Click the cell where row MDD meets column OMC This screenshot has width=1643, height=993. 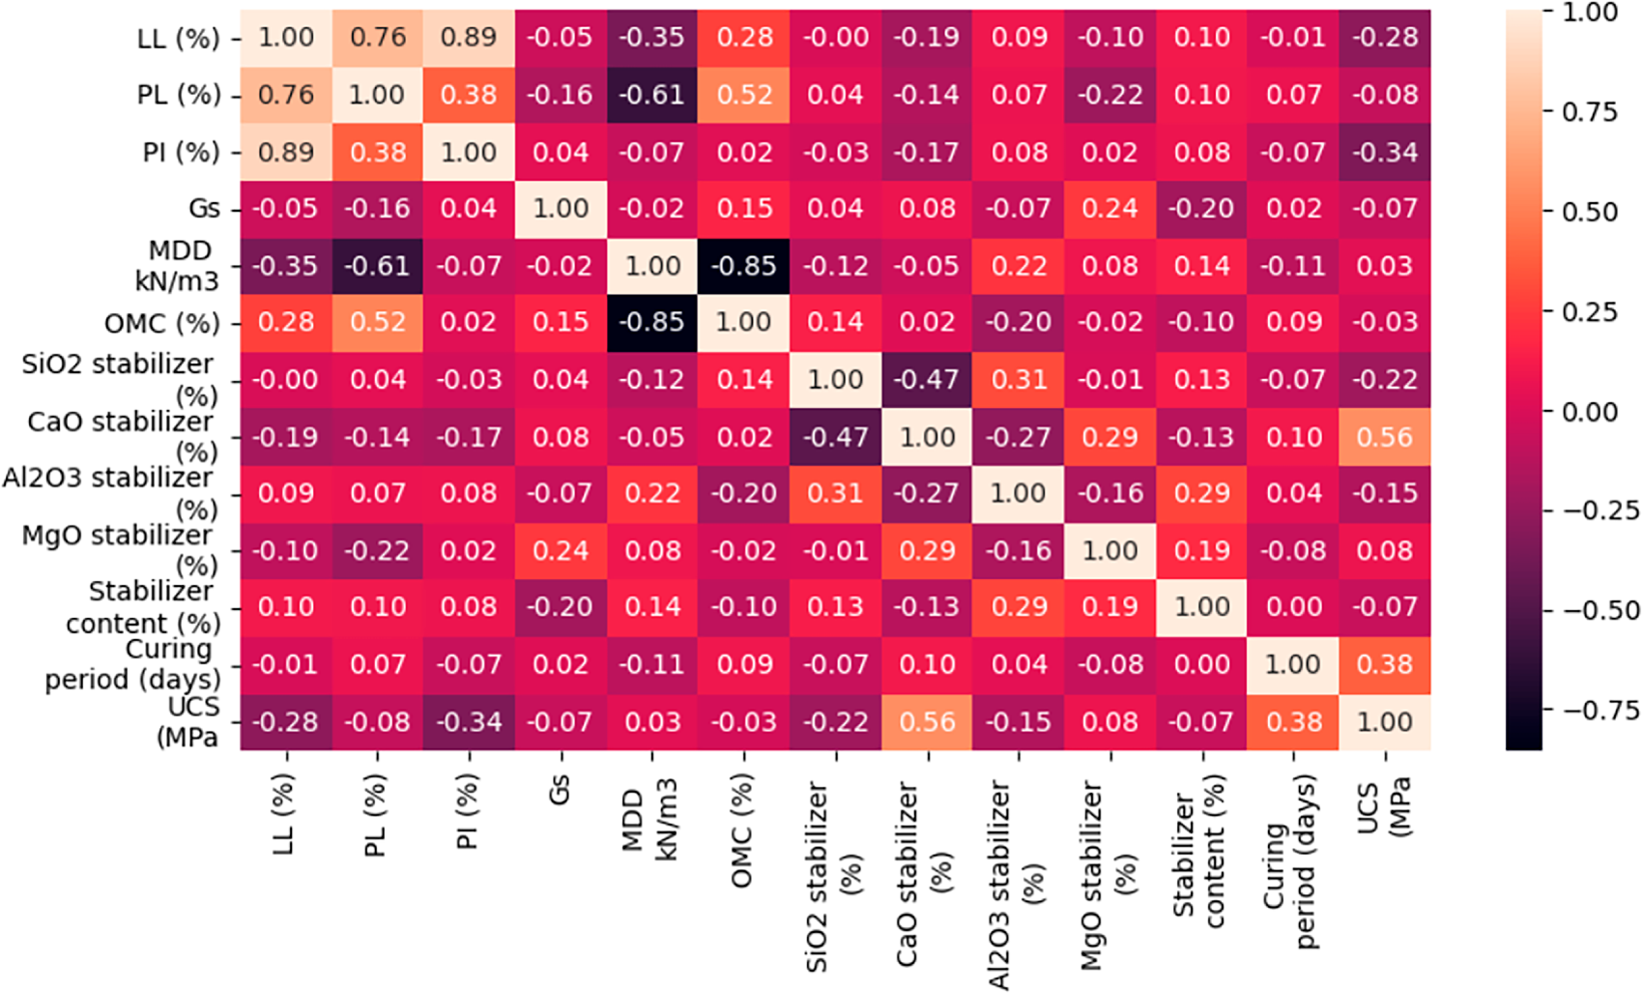(x=744, y=266)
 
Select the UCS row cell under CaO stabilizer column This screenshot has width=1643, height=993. (x=928, y=722)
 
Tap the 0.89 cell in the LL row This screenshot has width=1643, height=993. (x=469, y=38)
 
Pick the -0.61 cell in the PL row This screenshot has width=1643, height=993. (x=652, y=95)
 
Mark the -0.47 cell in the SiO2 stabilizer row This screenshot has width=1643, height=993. (x=928, y=379)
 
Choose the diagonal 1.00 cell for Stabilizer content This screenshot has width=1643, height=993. (x=1202, y=607)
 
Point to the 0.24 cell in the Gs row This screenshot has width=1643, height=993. (x=1110, y=208)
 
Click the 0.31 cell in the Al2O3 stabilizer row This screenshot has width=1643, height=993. (x=836, y=493)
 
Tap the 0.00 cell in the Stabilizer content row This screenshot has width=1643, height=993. (x=1294, y=607)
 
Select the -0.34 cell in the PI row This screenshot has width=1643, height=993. (x=1385, y=152)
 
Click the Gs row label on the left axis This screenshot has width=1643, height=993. (x=204, y=208)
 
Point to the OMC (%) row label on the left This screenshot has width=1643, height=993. (x=162, y=323)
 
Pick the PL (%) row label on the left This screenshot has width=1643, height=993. (x=179, y=95)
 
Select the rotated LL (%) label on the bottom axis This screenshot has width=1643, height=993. (x=283, y=815)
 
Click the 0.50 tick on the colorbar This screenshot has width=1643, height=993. (x=1591, y=212)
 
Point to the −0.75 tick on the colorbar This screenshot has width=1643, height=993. (x=1600, y=711)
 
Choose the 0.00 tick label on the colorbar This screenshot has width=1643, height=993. (x=1591, y=412)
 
